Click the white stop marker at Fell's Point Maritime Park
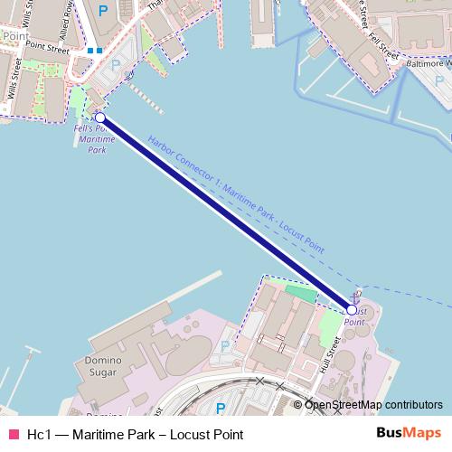(99, 118)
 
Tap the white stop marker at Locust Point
(352, 309)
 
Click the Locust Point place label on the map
(354, 316)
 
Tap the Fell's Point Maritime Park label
(95, 139)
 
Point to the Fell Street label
(383, 46)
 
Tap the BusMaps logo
(409, 433)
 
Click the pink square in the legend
(13, 435)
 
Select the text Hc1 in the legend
(39, 435)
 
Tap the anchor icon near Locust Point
(355, 296)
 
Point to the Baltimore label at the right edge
(428, 64)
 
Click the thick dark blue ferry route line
(226, 213)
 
